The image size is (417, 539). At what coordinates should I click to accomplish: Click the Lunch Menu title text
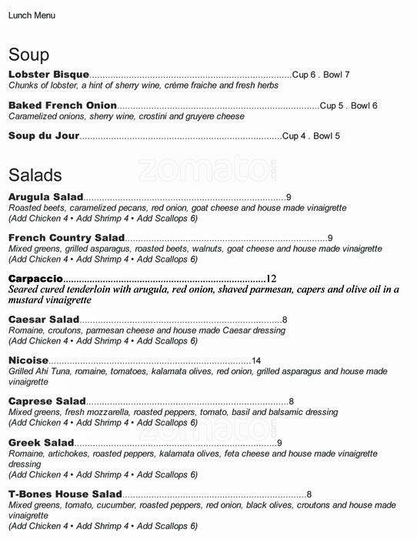click(32, 15)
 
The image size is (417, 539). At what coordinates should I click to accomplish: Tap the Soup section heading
click(28, 55)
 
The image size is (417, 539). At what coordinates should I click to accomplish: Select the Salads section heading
click(35, 176)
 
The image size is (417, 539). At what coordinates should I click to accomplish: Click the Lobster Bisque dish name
click(48, 75)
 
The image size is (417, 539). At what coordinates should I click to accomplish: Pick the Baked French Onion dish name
click(62, 105)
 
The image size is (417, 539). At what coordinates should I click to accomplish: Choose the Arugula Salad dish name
click(45, 198)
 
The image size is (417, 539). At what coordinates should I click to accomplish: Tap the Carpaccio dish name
click(35, 278)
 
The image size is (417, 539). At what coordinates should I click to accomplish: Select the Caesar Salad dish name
click(44, 320)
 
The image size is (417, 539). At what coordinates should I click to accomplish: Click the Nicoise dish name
click(28, 360)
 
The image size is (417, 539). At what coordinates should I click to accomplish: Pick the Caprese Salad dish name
click(47, 401)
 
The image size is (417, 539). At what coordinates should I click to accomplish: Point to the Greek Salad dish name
click(42, 443)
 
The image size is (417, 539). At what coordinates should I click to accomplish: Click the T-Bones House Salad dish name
click(65, 494)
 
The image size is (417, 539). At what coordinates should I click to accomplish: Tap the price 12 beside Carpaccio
click(271, 278)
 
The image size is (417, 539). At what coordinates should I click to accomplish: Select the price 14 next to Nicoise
click(256, 360)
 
